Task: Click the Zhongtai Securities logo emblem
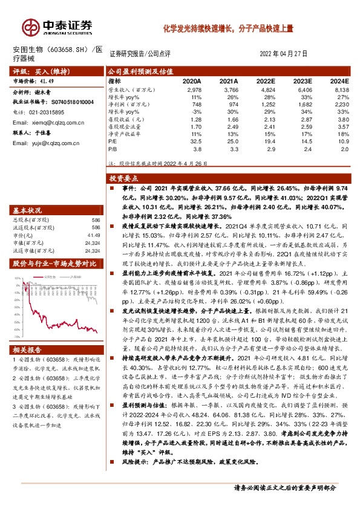click(x=31, y=27)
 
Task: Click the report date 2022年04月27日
click(x=287, y=53)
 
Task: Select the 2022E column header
click(x=265, y=80)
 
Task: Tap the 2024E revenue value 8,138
click(x=341, y=88)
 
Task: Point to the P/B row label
click(x=113, y=148)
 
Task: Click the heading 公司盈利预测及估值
click(x=136, y=71)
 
